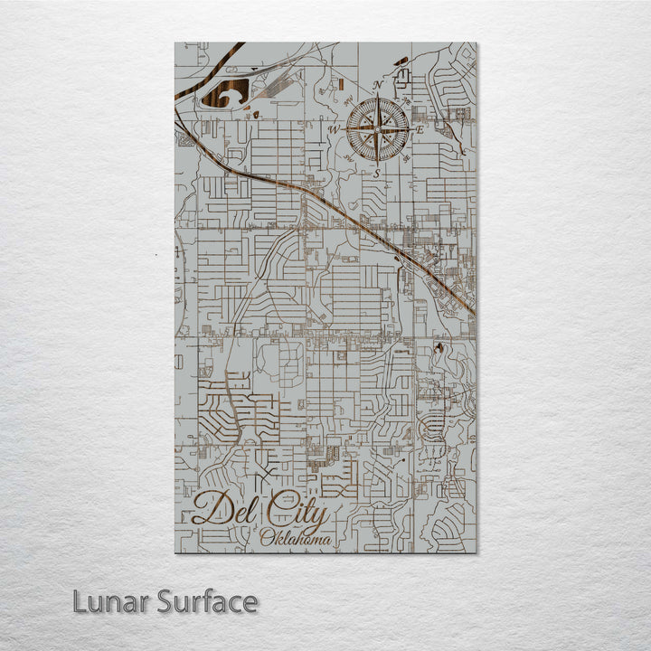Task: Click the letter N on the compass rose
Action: [377, 86]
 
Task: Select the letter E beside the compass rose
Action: [420, 130]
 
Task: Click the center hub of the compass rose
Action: [377, 130]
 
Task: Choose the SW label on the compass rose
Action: [349, 159]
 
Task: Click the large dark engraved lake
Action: [223, 93]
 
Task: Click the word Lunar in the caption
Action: [108, 601]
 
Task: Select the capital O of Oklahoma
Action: [265, 539]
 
